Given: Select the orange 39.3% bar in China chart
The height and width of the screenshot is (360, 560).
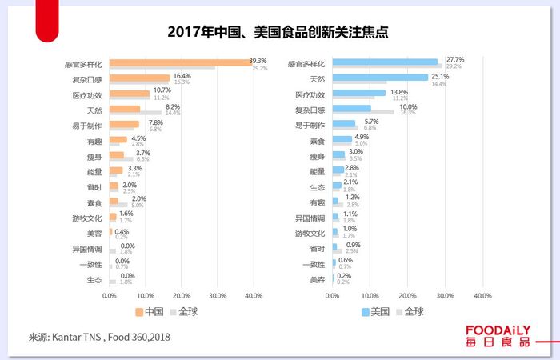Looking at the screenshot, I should tap(181, 62).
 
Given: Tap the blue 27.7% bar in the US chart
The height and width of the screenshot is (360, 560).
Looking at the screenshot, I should tap(385, 62).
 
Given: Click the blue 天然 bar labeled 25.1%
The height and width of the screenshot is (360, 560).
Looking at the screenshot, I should tap(380, 77).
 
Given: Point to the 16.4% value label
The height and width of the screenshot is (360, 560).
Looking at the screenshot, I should tap(182, 75).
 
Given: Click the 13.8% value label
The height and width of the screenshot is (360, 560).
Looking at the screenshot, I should tap(398, 91).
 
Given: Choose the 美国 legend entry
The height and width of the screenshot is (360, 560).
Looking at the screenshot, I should tap(375, 311).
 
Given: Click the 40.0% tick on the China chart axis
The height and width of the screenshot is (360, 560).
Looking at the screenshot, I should tap(254, 295).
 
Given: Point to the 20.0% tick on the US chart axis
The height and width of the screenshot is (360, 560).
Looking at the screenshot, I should tap(407, 295).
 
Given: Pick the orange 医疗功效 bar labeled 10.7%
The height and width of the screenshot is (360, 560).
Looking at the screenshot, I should tap(130, 93).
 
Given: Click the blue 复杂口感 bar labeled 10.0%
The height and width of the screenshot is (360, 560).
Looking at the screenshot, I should tap(351, 108).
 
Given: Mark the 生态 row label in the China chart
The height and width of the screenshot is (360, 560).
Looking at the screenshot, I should tap(94, 279).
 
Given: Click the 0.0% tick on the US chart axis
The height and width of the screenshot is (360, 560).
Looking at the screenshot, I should tap(332, 295).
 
